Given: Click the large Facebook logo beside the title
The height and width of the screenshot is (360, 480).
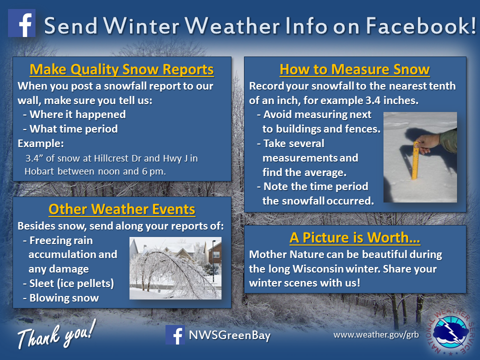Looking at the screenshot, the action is tap(21, 23).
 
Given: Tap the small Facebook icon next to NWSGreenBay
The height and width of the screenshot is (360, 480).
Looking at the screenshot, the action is tap(175, 335).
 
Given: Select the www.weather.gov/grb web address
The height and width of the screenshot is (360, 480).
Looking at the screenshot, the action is tap(376, 334).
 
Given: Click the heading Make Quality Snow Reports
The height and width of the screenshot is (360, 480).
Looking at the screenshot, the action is tap(121, 69).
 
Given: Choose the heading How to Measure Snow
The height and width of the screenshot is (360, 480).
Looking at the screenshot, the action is tap(354, 69).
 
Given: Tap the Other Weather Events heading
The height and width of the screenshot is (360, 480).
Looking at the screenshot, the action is tap(121, 209).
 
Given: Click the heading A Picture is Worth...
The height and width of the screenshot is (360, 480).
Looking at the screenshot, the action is tap(354, 237).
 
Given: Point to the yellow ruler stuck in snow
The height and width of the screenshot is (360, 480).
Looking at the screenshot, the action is tap(415, 160).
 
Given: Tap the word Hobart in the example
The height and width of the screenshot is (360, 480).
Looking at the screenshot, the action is tap(39, 171).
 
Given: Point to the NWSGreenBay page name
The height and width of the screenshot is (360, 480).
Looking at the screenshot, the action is tap(229, 335).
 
